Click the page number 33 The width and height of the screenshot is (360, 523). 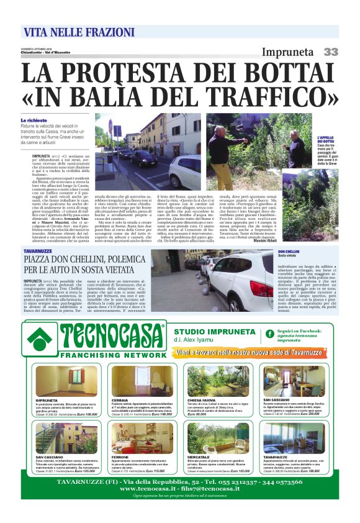tap(330, 52)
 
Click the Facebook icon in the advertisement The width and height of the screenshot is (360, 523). tap(269, 334)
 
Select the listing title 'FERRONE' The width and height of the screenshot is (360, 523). tap(120, 457)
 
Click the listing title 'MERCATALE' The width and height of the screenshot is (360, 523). tap(198, 457)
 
